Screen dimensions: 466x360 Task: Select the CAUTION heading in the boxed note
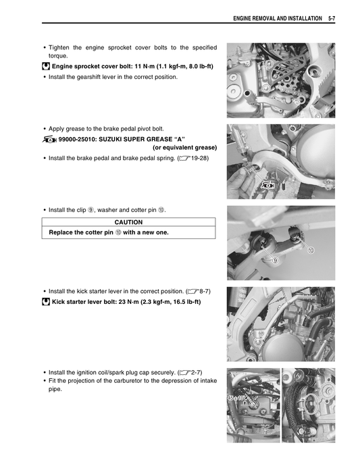pyautogui.click(x=128, y=222)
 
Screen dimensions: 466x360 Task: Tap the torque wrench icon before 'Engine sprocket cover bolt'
pyautogui.click(x=45, y=66)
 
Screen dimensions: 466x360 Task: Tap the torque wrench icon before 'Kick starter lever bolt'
pyautogui.click(x=45, y=301)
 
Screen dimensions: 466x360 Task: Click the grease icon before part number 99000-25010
pyautogui.click(x=49, y=138)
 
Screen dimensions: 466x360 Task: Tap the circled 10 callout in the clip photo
pyautogui.click(x=311, y=250)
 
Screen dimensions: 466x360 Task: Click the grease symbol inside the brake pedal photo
pyautogui.click(x=268, y=184)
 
